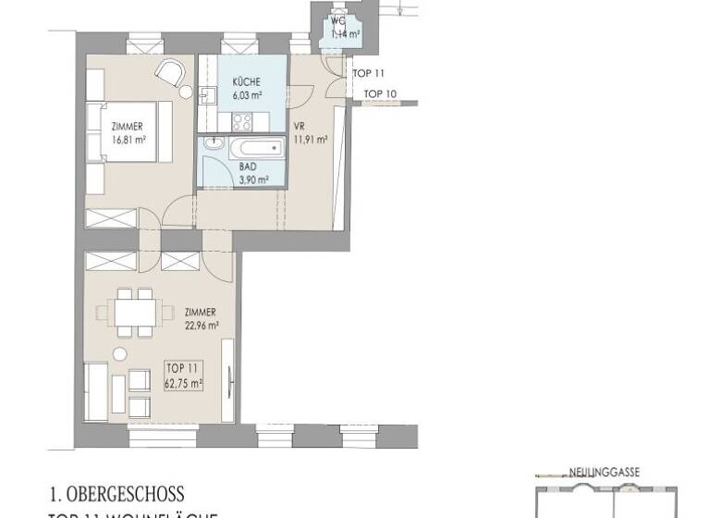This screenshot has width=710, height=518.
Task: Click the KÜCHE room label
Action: click(233, 82)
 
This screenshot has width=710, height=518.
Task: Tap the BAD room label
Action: click(222, 167)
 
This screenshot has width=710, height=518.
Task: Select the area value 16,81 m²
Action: click(129, 140)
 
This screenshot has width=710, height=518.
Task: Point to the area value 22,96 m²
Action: click(201, 325)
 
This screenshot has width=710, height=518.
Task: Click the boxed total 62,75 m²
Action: click(184, 379)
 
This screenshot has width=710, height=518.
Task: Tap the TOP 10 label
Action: click(380, 93)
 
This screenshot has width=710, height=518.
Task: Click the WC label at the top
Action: click(339, 20)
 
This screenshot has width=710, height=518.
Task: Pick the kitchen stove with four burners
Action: click(243, 120)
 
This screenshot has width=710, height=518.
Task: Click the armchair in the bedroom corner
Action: click(169, 72)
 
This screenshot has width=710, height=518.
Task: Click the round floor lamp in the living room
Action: click(117, 354)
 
